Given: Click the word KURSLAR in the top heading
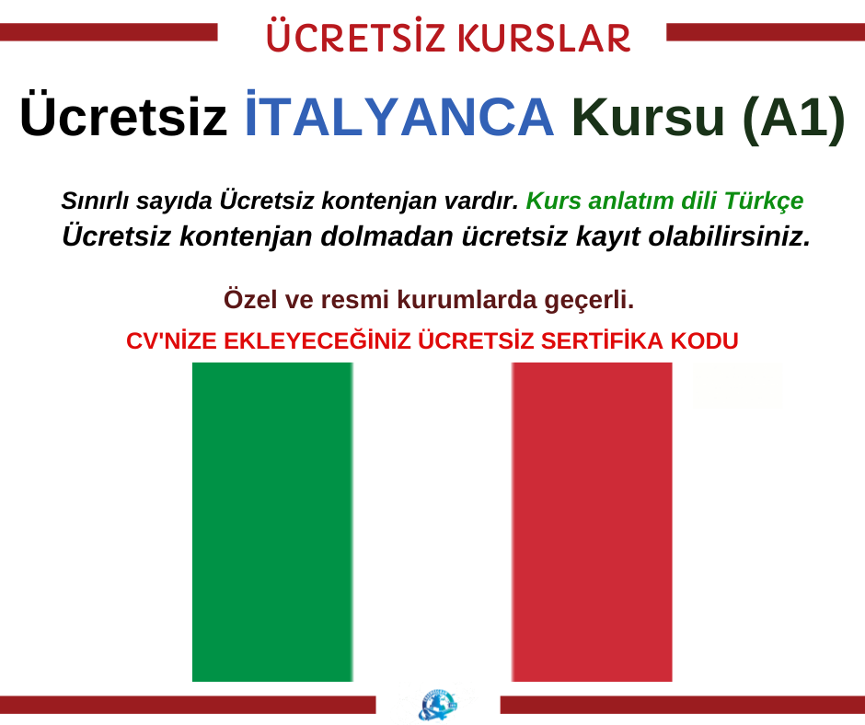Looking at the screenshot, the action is pyautogui.click(x=544, y=38).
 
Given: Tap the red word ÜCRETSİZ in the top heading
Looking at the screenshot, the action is pyautogui.click(x=355, y=35).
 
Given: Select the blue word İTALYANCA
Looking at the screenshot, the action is pyautogui.click(x=399, y=114).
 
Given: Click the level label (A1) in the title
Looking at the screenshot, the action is pyautogui.click(x=793, y=117).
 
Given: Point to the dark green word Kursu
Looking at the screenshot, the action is pyautogui.click(x=648, y=117).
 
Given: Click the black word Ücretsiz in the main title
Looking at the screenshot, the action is pyautogui.click(x=123, y=114).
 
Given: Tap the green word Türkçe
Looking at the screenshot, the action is pyautogui.click(x=764, y=201).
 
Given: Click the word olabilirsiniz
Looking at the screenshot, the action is pyautogui.click(x=730, y=236).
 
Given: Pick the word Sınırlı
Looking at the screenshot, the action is pyautogui.click(x=95, y=201).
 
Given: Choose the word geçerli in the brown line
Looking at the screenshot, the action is pyautogui.click(x=589, y=301).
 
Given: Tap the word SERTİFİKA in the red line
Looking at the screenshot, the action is pyautogui.click(x=603, y=341).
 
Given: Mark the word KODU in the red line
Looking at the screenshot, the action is pyautogui.click(x=705, y=341).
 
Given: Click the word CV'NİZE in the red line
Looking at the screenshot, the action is pyautogui.click(x=171, y=341).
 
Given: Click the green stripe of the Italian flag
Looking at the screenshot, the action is pyautogui.click(x=272, y=522).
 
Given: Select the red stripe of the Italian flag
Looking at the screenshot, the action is pyautogui.click(x=592, y=522).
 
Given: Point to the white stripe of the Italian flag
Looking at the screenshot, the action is pyautogui.click(x=432, y=522).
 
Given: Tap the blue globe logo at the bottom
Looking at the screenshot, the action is pyautogui.click(x=437, y=705).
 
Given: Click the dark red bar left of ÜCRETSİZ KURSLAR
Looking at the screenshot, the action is pyautogui.click(x=109, y=32).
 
